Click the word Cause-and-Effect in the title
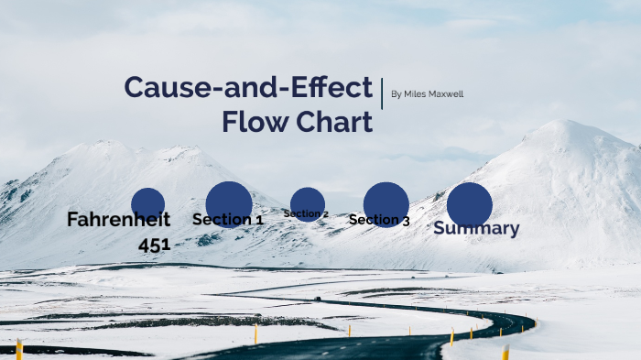point(247,87)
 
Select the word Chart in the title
point(337,121)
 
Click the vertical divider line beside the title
point(382,93)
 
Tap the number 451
point(155,245)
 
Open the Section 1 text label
point(228,220)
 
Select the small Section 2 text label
point(306,214)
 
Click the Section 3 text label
point(379,220)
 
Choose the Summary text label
point(476,229)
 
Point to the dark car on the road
point(317,298)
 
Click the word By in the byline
point(396,94)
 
